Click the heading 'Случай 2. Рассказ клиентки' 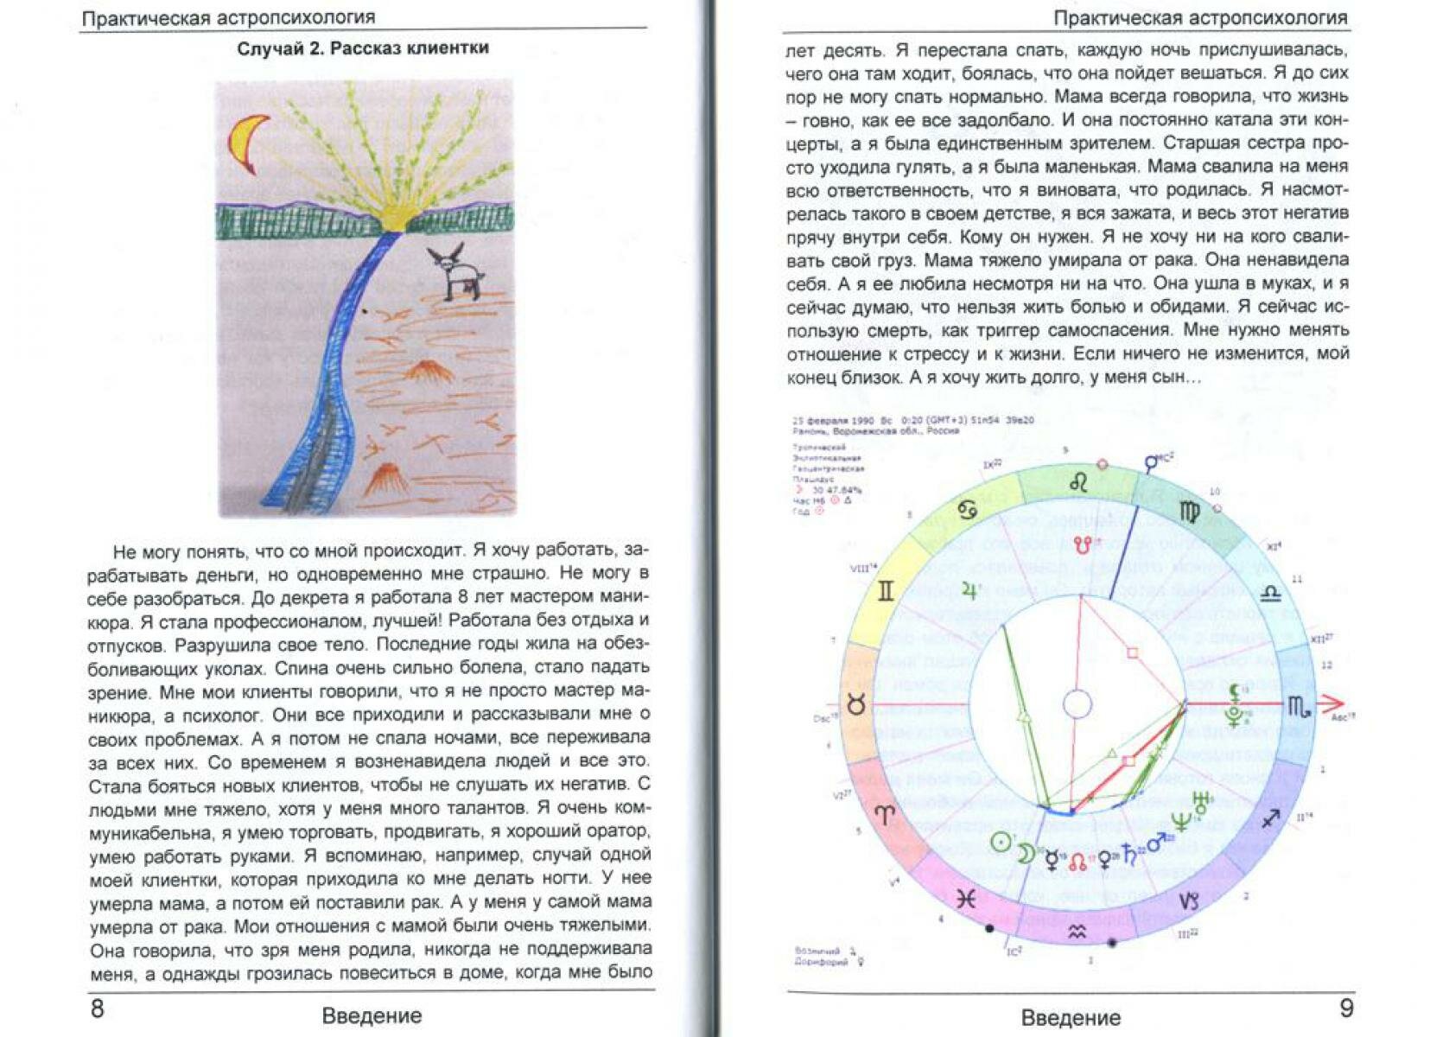click(363, 48)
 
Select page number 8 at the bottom click(98, 1008)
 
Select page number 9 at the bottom click(1346, 1008)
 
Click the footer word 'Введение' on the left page click(372, 1015)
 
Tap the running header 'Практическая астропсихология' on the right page click(1200, 17)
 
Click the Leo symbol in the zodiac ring click(1078, 483)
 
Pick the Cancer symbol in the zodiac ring click(968, 511)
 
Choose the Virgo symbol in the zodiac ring click(1190, 512)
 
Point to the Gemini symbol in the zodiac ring click(886, 592)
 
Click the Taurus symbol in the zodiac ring click(856, 705)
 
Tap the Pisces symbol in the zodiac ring click(966, 899)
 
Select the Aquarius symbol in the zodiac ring click(1077, 932)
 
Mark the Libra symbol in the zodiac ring click(1270, 593)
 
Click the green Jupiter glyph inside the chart click(969, 592)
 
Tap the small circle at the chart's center click(1077, 703)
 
